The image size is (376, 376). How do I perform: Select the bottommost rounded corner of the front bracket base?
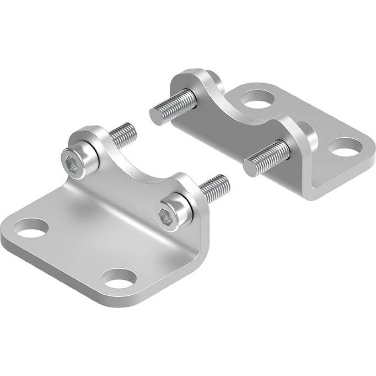point(102,301)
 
